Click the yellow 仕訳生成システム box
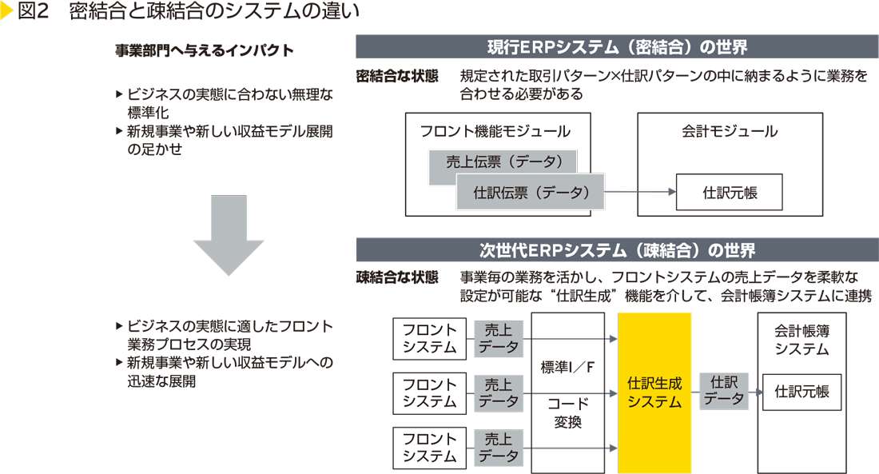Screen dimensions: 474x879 tap(654, 392)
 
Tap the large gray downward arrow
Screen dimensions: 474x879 tap(229, 233)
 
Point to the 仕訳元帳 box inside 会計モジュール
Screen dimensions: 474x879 tap(729, 193)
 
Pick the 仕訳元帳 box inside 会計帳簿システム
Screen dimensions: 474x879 tap(801, 392)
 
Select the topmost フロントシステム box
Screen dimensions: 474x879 tap(429, 338)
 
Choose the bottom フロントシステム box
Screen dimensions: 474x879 tap(429, 448)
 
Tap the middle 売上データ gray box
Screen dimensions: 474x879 tap(498, 392)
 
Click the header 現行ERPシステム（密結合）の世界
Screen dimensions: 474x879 tap(617, 47)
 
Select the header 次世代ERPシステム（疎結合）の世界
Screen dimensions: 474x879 tap(617, 250)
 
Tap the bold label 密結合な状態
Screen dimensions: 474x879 tap(397, 77)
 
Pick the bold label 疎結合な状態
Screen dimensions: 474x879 tap(397, 277)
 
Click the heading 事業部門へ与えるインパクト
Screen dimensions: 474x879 tap(205, 51)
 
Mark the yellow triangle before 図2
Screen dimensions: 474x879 tap(7, 12)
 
